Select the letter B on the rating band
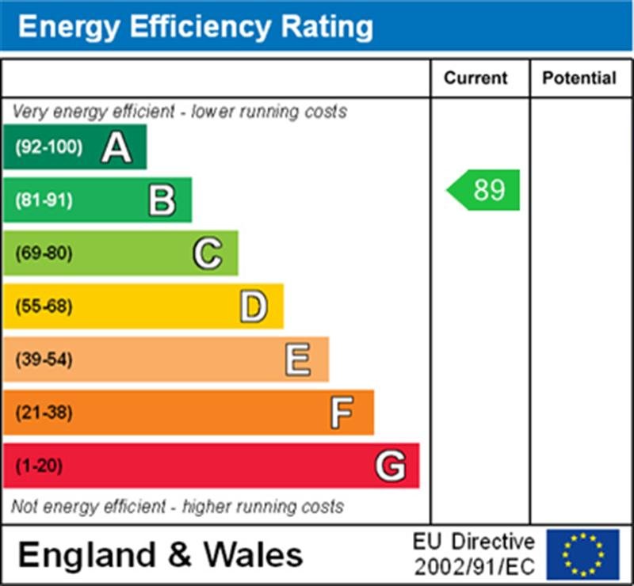(162, 200)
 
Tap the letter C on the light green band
(207, 253)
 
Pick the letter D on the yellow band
(253, 306)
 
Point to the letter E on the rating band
(298, 360)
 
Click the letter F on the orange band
(342, 413)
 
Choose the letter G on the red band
(390, 466)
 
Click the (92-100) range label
(48, 147)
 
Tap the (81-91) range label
(44, 200)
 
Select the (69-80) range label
(44, 253)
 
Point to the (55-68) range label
(44, 306)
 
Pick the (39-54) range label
(44, 360)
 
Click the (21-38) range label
(44, 413)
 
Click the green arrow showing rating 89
(484, 190)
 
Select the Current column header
(475, 78)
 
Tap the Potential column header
(579, 78)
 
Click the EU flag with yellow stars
(582, 554)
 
